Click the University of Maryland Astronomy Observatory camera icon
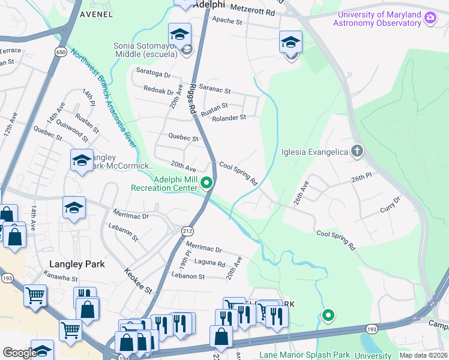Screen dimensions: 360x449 tap(430, 17)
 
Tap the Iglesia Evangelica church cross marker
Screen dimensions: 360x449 tap(357, 151)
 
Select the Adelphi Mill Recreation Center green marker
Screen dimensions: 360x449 tap(207, 183)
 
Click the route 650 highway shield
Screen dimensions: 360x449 tap(61, 52)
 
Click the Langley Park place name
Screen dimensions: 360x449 tap(77, 264)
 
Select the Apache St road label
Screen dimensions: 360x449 tap(227, 22)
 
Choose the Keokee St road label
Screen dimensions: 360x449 tap(137, 280)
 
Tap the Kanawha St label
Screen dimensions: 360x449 tap(61, 278)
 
